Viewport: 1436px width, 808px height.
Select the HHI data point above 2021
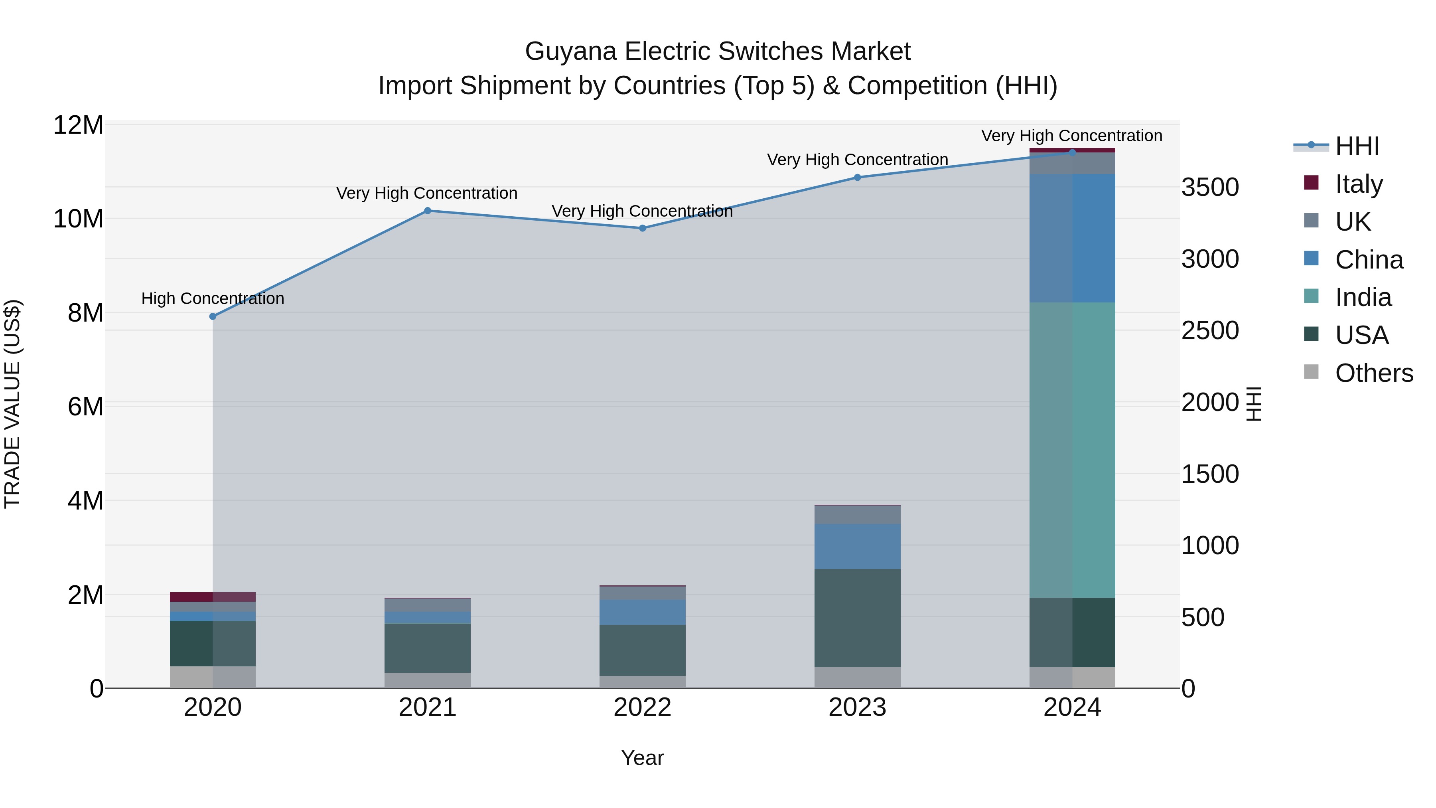(428, 211)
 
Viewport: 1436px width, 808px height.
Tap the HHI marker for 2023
(857, 177)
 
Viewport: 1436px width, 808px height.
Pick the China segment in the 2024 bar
(1072, 238)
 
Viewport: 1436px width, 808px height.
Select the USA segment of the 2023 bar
(857, 618)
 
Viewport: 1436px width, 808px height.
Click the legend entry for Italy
(1359, 184)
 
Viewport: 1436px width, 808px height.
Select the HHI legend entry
(1357, 146)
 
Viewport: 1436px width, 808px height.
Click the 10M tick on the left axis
(78, 219)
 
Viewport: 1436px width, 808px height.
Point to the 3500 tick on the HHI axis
(1210, 188)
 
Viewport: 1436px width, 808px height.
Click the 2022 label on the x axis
(642, 707)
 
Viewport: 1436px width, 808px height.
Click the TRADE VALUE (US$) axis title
(12, 404)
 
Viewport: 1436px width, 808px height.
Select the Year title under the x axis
(642, 758)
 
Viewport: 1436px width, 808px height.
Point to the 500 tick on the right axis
(1203, 617)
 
